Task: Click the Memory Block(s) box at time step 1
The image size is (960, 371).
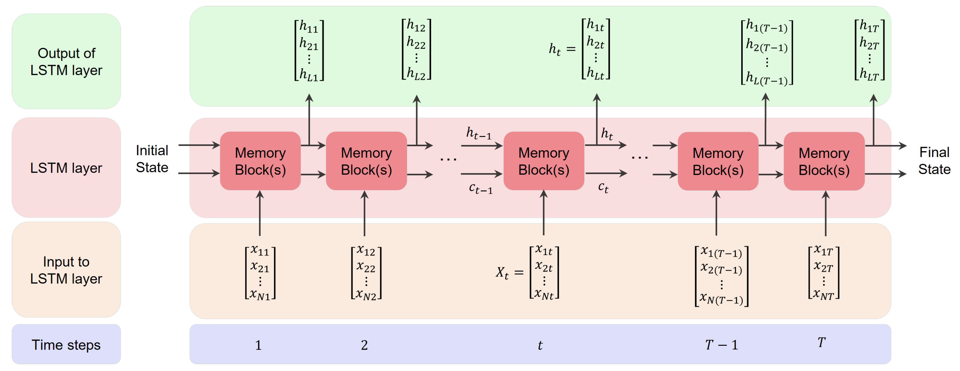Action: [x=260, y=161]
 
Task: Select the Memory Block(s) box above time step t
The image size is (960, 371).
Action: [x=544, y=161]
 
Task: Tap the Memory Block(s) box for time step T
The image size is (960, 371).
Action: [x=824, y=161]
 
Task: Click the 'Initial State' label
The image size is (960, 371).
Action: [x=152, y=159]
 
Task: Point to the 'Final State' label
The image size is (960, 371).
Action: [x=934, y=161]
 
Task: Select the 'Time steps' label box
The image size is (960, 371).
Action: [x=66, y=344]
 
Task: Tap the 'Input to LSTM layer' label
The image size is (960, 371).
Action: [x=66, y=270]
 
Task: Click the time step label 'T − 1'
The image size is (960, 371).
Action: [x=722, y=345]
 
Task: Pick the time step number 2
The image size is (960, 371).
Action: [x=364, y=345]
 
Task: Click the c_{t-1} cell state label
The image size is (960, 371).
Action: [x=481, y=188]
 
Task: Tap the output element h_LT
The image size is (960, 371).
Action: [x=869, y=75]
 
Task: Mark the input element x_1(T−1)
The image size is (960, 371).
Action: [x=721, y=252]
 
